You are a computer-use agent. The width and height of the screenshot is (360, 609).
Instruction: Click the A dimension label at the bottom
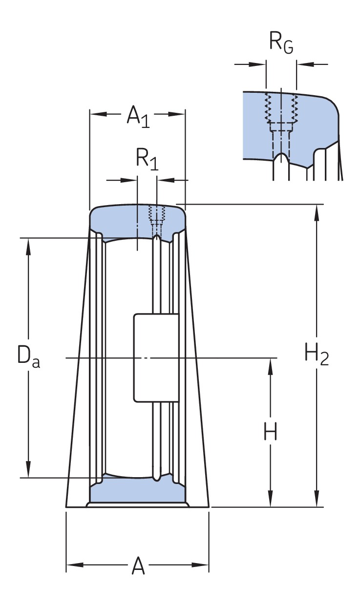[138, 567]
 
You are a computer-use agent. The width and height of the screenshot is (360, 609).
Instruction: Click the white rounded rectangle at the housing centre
[156, 358]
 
